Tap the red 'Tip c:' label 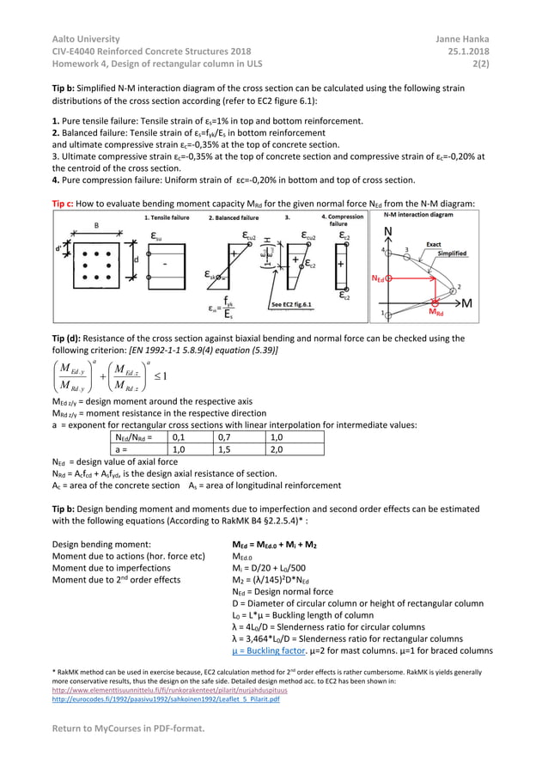65,203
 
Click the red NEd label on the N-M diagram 379,278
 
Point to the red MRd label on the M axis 437,313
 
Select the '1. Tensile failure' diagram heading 169,217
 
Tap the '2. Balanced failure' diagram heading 234,217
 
